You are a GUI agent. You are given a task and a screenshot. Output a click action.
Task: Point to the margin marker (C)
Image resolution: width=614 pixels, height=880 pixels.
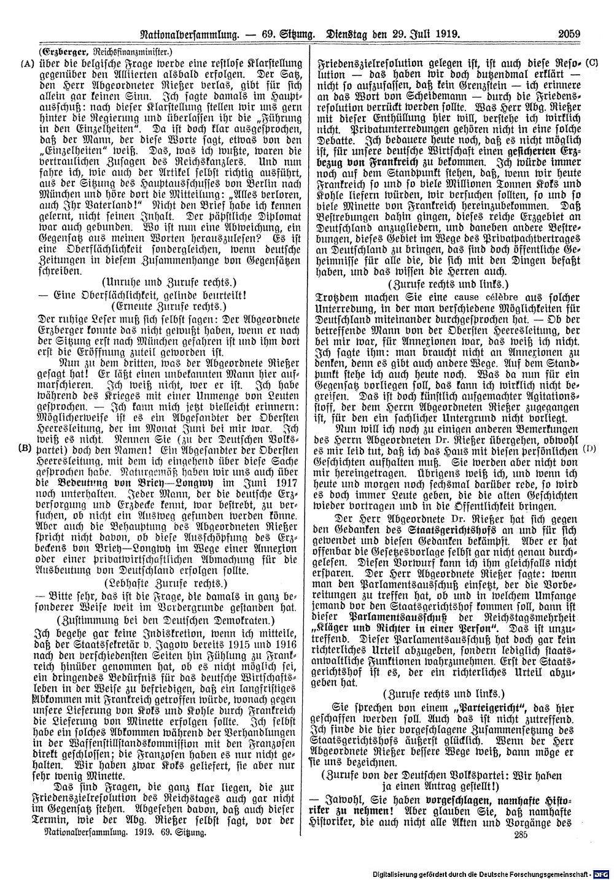pos(593,63)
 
